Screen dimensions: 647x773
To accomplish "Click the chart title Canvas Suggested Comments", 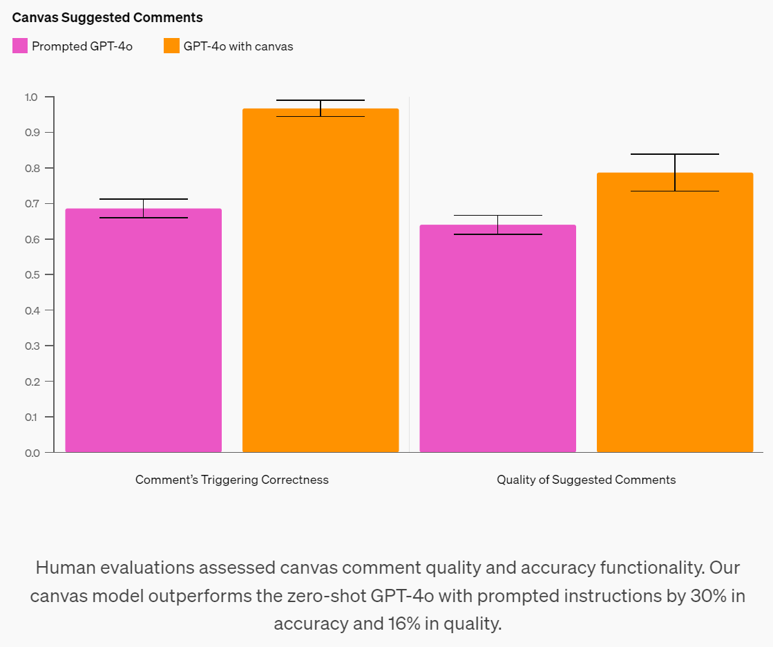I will click(108, 17).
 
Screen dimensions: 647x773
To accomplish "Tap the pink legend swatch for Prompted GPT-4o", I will click(20, 46).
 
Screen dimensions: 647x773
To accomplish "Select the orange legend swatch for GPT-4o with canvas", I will click(171, 46).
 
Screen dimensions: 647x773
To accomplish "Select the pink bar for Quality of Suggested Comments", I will click(498, 339).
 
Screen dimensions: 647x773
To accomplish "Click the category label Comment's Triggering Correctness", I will click(232, 480).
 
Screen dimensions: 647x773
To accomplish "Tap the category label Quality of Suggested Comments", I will click(586, 480).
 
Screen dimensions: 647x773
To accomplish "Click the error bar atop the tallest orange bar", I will click(321, 108).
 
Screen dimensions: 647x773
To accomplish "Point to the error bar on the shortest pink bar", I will click(498, 225).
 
